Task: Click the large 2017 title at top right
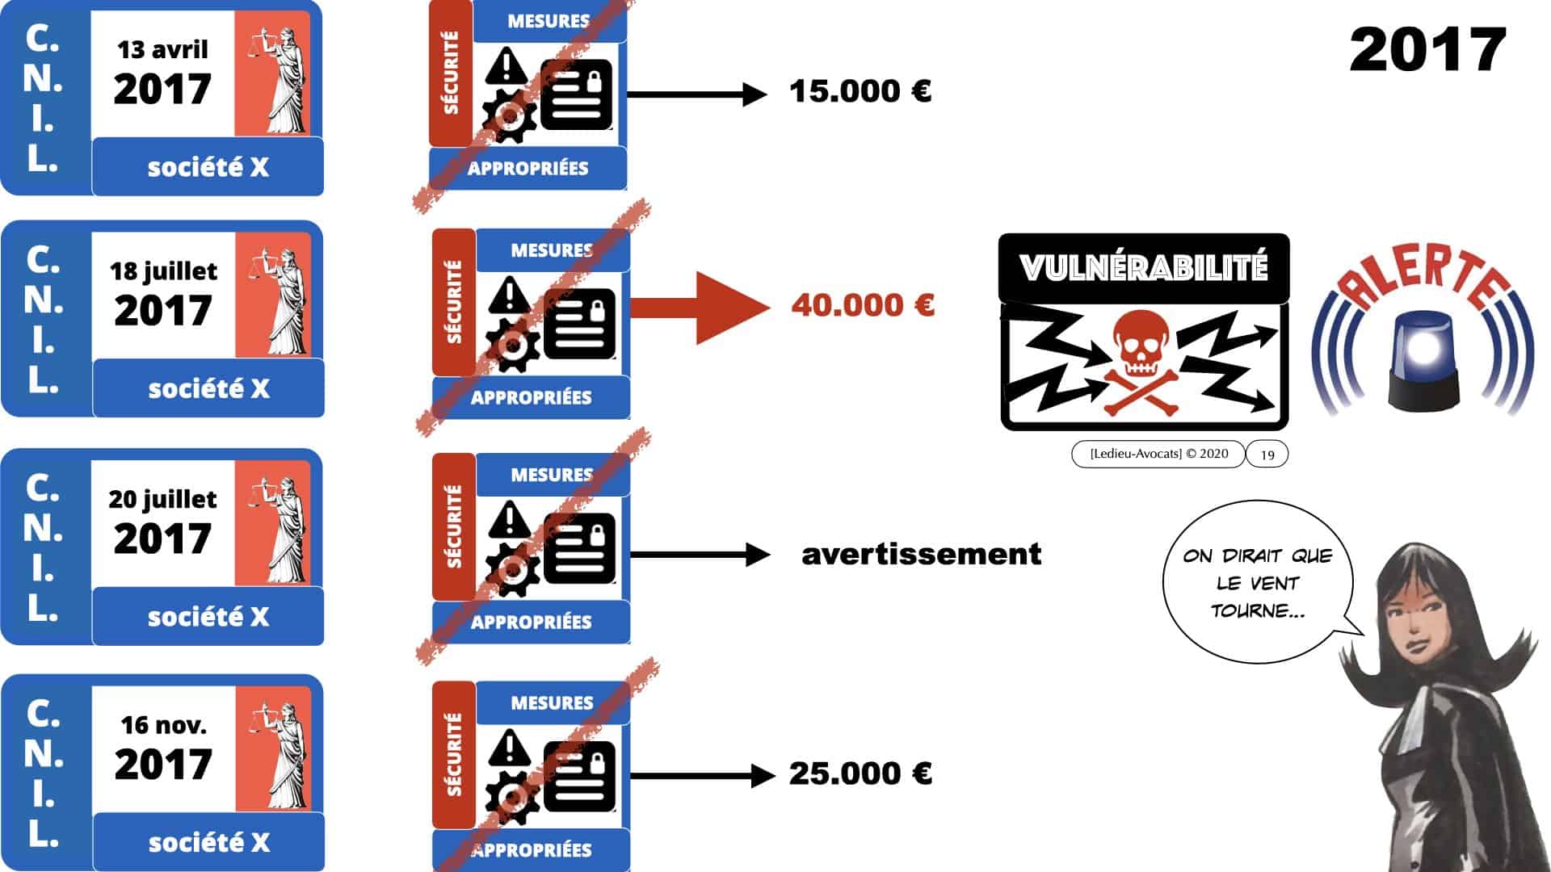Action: click(1427, 50)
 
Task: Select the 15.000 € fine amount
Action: click(860, 91)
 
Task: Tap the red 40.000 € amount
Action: click(863, 305)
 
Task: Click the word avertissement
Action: click(921, 554)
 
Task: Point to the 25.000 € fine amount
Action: click(860, 773)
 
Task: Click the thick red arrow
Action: click(700, 308)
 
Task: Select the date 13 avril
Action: click(162, 50)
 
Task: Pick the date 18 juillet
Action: click(163, 270)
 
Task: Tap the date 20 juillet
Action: click(162, 499)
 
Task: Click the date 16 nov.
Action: click(163, 725)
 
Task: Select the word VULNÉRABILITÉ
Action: click(1143, 268)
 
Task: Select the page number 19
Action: click(1267, 455)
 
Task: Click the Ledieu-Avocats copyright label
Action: click(1158, 454)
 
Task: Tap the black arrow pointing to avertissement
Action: click(700, 555)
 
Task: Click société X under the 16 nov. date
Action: click(208, 843)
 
